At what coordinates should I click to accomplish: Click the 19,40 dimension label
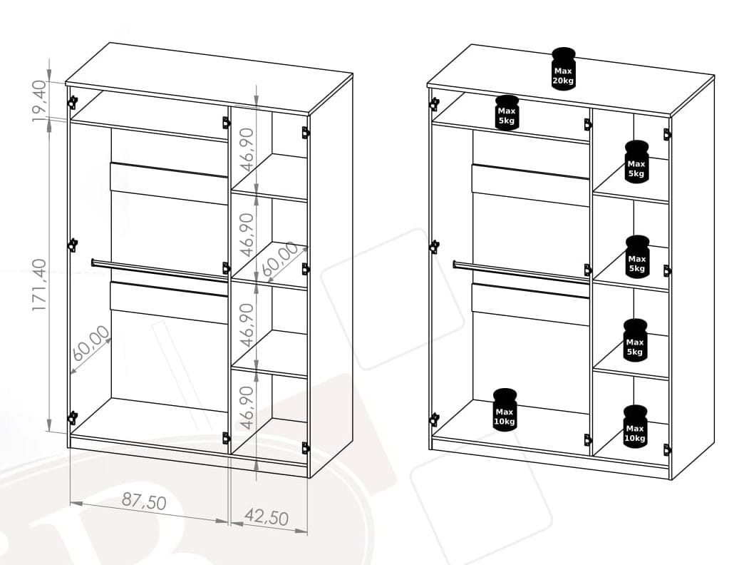click(x=40, y=101)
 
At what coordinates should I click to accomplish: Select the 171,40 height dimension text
click(x=40, y=285)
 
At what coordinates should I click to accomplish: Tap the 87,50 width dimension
click(x=144, y=502)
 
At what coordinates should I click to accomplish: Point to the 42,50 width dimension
click(x=267, y=517)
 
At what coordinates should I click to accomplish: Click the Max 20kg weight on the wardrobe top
click(x=564, y=68)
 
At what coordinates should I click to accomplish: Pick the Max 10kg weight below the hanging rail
click(x=505, y=409)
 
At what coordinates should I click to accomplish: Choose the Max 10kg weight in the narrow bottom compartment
click(x=635, y=427)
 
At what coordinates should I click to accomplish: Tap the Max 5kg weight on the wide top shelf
click(x=507, y=113)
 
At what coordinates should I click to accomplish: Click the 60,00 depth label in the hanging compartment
click(x=91, y=343)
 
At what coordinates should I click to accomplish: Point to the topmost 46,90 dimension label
click(x=247, y=150)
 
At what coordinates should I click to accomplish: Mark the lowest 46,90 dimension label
click(x=247, y=407)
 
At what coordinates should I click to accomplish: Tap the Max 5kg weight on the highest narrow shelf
click(x=636, y=161)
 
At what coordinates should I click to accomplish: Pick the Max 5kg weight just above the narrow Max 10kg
click(x=635, y=340)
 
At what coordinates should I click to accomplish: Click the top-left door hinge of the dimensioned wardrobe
click(x=72, y=102)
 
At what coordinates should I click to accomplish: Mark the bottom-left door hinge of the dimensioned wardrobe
click(x=72, y=418)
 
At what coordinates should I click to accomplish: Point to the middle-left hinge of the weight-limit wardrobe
click(x=434, y=247)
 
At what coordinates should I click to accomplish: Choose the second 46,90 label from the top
click(x=247, y=235)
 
